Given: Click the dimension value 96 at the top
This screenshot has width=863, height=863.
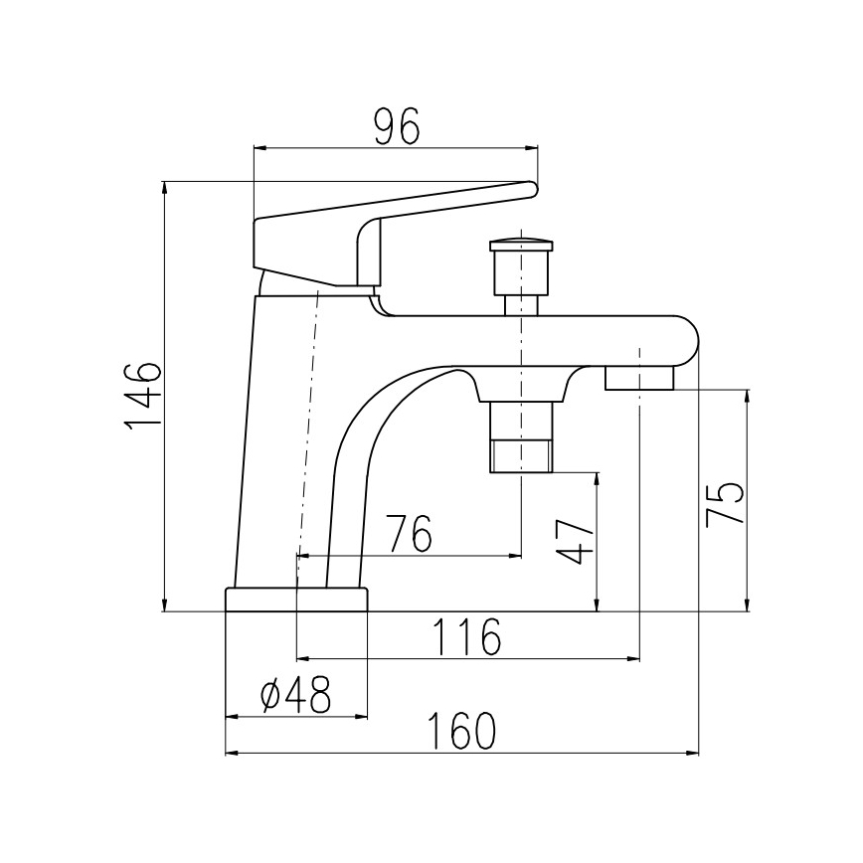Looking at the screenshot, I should (397, 126).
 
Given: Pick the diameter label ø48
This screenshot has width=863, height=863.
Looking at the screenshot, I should (295, 697).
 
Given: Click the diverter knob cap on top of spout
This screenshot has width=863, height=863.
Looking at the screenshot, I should (520, 245).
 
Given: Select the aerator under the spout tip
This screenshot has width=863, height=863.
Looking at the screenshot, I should (639, 378).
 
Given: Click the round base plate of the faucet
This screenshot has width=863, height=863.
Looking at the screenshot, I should (296, 600).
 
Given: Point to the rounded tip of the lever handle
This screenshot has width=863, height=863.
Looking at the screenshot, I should (531, 187).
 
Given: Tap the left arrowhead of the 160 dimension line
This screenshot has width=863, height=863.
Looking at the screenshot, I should (231, 753).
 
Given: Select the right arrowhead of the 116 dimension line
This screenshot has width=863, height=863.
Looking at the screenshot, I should (633, 657).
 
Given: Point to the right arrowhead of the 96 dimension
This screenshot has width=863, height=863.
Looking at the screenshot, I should (533, 147).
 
